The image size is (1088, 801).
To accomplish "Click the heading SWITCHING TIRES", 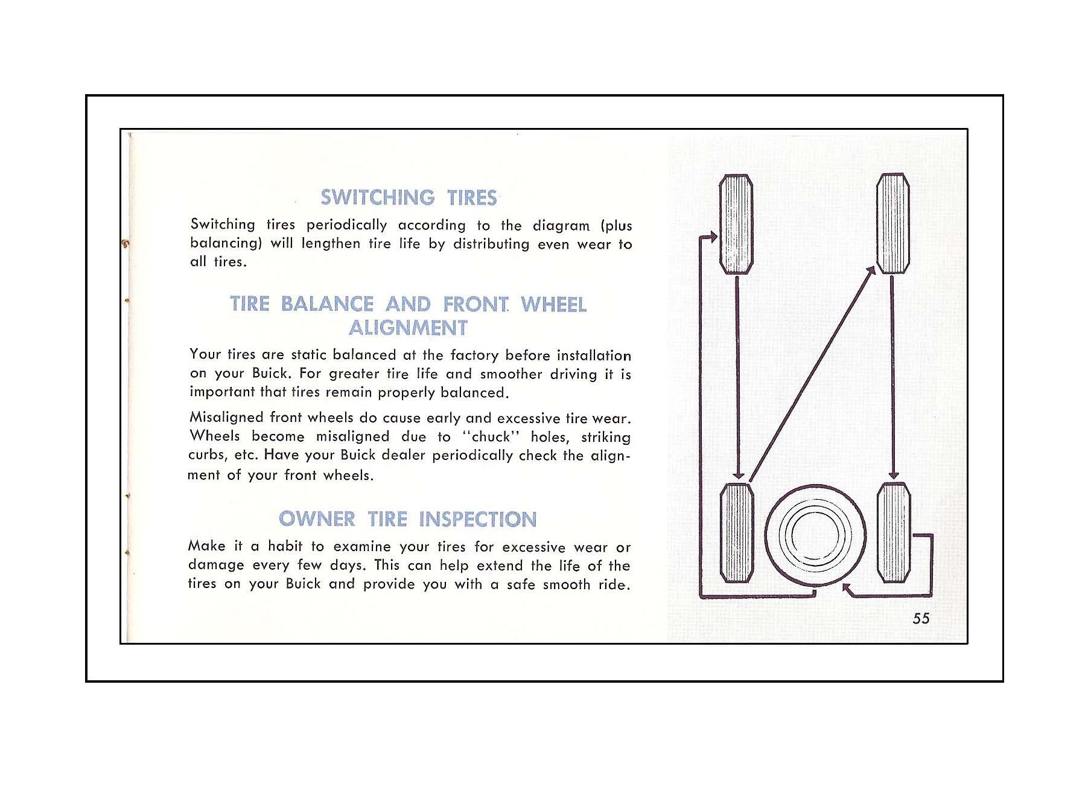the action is (x=409, y=197).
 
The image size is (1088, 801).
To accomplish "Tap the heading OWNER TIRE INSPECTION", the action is (x=407, y=519).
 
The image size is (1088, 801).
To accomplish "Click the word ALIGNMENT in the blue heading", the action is (x=408, y=328).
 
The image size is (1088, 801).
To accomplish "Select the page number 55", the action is (x=921, y=618).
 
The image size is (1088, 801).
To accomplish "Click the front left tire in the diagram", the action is (x=737, y=224).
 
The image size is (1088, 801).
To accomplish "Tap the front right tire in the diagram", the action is (x=892, y=223).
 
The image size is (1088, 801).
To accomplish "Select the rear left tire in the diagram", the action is (x=737, y=532).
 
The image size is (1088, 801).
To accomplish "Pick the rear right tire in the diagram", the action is (x=894, y=532).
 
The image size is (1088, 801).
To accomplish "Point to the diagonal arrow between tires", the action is (x=812, y=374).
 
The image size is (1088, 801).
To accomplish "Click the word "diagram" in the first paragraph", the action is (x=561, y=226).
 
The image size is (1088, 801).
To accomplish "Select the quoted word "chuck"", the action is (x=491, y=436).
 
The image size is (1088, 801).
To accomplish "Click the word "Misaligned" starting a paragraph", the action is (x=226, y=418).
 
